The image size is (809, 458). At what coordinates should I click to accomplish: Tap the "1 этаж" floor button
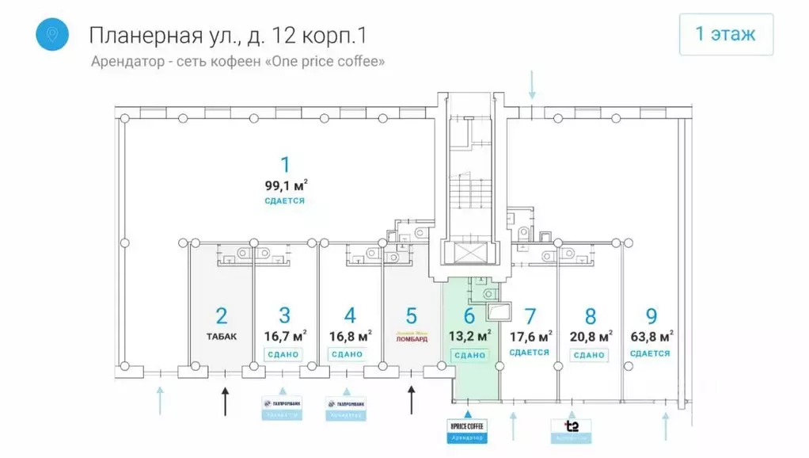[x=725, y=35]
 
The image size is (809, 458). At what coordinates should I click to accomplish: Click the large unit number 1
[x=285, y=165]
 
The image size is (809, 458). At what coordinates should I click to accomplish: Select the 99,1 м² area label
[x=286, y=186]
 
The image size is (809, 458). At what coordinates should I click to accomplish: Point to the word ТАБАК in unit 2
[x=222, y=335]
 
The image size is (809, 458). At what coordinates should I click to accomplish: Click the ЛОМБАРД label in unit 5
[x=411, y=338]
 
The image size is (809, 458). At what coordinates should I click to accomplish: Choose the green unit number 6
[x=469, y=317]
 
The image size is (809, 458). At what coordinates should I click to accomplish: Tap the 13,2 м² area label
[x=469, y=335]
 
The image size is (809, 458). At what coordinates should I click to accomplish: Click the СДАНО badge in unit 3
[x=283, y=354]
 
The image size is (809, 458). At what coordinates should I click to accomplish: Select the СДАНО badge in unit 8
[x=589, y=355]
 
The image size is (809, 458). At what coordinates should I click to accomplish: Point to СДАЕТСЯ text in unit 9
[x=651, y=353]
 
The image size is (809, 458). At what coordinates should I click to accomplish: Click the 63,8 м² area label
[x=651, y=336]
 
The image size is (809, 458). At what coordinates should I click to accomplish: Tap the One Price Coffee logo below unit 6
[x=467, y=426]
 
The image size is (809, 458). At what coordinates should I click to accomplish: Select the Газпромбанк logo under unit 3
[x=282, y=404]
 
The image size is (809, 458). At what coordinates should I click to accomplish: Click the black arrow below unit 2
[x=225, y=401]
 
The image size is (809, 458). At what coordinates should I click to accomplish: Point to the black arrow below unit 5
[x=411, y=399]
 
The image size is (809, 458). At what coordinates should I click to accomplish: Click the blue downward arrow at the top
[x=533, y=84]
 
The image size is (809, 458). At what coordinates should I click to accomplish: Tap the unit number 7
[x=530, y=317]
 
